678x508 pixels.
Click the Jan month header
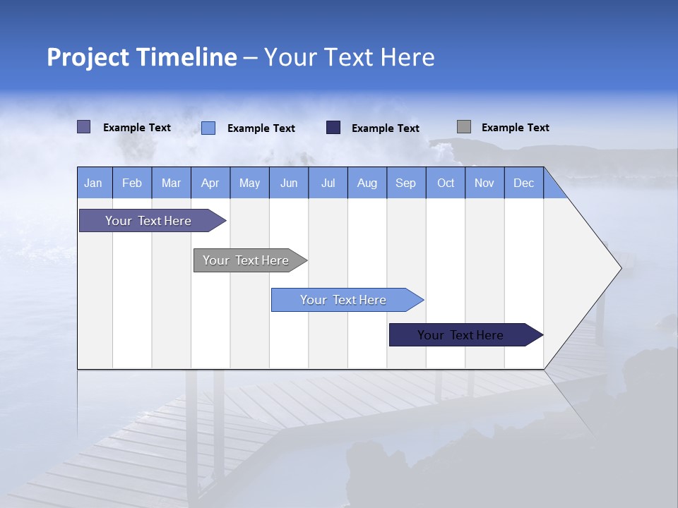94,183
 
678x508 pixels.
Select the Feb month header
132,183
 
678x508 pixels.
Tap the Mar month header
171,183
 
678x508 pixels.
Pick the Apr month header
210,183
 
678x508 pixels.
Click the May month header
249,183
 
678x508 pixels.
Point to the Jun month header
289,183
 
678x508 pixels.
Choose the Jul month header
328,183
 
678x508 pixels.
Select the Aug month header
367,183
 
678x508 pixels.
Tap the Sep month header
406,183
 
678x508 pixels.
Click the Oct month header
446,183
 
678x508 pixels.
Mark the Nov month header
484,183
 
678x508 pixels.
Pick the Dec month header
524,183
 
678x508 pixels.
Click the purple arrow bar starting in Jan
149,221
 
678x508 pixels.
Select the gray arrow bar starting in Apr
246,260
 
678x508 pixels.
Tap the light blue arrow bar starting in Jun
344,300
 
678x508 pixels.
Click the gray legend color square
464,127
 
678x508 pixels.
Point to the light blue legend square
208,128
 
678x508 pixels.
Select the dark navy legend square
333,128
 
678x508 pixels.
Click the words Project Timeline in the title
142,57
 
